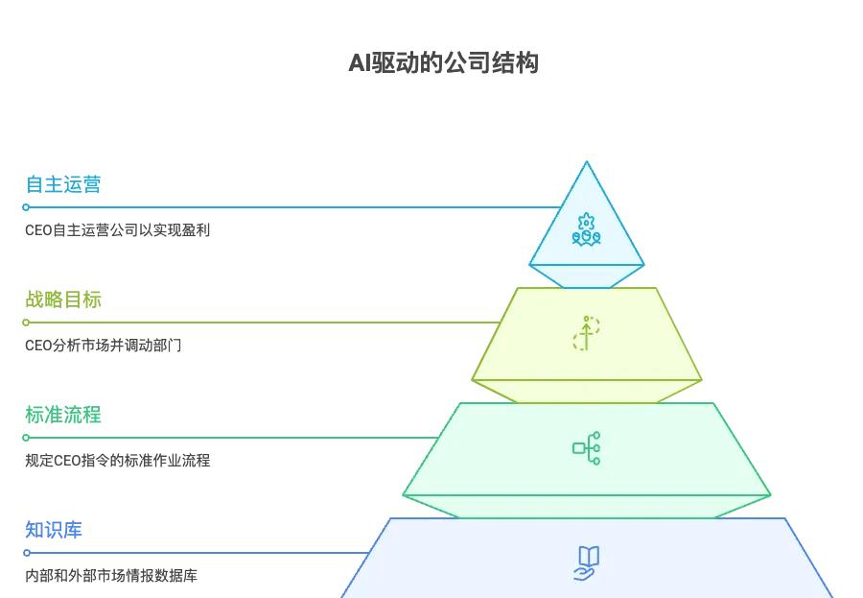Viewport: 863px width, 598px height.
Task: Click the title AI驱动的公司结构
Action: pos(443,63)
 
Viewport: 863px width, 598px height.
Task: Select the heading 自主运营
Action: pos(63,184)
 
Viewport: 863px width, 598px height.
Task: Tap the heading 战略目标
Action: pos(63,299)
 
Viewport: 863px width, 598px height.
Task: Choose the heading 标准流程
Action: pos(63,415)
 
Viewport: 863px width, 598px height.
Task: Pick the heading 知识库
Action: pos(54,530)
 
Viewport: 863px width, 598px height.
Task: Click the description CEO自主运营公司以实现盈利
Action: pos(117,230)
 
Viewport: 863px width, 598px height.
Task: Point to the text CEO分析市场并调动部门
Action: pos(104,346)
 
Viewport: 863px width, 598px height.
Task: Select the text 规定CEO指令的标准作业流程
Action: pos(117,461)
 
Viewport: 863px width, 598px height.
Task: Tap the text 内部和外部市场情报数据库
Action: pos(111,576)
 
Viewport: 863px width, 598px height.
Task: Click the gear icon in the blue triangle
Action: pos(586,229)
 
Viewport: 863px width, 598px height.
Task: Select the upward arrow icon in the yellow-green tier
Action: pos(586,333)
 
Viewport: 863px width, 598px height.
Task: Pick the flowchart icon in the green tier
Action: pos(586,448)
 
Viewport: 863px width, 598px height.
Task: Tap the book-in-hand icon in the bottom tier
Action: pos(586,562)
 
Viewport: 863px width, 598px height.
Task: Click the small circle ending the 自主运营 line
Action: pos(27,207)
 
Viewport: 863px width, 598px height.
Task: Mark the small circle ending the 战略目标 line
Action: pos(27,323)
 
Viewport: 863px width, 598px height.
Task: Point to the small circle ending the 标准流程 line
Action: pos(27,438)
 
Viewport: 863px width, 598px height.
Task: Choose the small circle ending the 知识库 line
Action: pos(27,553)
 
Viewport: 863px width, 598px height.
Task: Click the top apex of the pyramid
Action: pos(586,162)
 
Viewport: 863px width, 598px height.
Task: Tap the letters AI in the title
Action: pos(359,63)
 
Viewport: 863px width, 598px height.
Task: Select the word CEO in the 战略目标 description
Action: pos(39,346)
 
